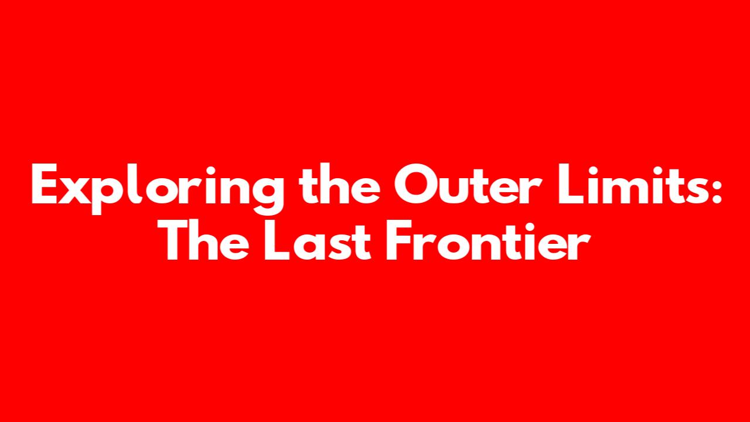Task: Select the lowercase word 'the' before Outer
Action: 339,184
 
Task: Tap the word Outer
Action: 468,184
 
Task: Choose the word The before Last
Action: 207,240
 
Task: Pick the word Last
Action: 318,240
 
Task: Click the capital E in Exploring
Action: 44,184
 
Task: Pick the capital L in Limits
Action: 571,184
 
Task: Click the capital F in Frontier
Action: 399,240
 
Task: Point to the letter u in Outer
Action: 453,190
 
